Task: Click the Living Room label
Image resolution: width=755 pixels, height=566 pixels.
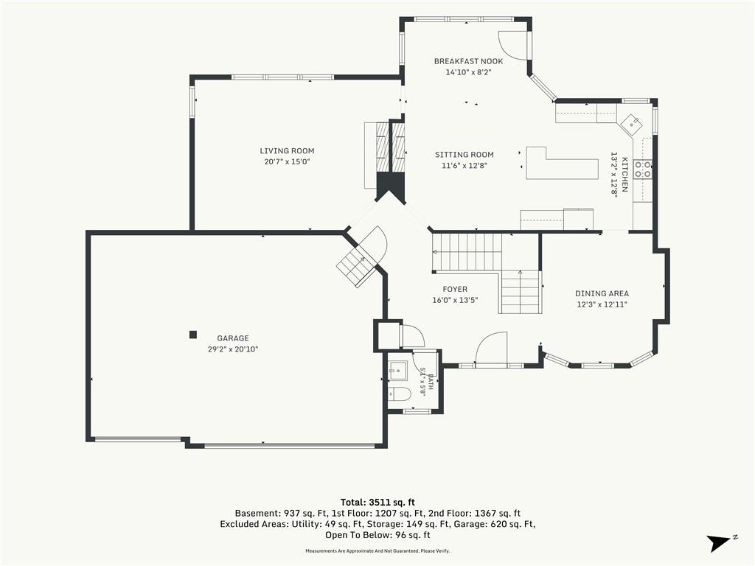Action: point(287,150)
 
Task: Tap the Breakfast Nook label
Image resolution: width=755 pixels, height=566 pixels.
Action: point(468,61)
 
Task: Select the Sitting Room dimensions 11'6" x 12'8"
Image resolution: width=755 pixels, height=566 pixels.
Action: point(465,166)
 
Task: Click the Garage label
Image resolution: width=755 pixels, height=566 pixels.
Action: point(233,338)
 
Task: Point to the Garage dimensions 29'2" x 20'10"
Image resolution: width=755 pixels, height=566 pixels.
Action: point(233,349)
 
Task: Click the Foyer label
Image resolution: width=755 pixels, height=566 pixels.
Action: point(455,289)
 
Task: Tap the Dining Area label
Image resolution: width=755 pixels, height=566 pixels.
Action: point(602,293)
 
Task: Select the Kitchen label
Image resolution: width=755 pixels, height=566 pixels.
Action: point(624,174)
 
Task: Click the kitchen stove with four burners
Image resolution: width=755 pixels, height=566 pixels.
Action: point(643,169)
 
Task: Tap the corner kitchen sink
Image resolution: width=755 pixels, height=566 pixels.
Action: point(631,123)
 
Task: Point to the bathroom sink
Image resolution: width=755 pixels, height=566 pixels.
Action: point(397,371)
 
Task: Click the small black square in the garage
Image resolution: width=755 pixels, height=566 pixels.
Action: point(193,335)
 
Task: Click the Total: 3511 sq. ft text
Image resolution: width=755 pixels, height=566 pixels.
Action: point(377,503)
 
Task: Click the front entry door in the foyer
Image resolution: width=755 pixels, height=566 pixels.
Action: point(491,348)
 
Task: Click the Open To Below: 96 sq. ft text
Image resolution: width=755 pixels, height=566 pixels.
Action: point(377,535)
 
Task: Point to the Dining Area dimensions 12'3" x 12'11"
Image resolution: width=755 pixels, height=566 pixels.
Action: point(602,304)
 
